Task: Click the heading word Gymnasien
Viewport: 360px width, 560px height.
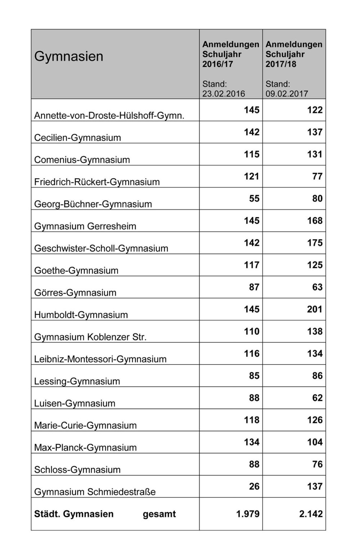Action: coord(69,57)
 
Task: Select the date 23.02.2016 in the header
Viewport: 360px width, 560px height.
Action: coord(223,94)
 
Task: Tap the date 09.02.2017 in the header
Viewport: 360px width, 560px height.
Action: coord(287,94)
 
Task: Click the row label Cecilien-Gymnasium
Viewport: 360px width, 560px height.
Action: coord(77,138)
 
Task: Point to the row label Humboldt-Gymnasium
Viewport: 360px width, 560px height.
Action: coord(81,315)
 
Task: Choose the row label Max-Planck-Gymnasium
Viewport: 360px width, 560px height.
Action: coord(85,448)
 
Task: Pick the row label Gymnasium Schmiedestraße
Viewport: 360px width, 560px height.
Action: coord(95,492)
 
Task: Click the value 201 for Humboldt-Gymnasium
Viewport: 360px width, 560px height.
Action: coord(315,309)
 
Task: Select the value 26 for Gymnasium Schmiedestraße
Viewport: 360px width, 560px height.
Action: coord(254,487)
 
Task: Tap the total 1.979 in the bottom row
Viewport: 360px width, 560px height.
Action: coord(248,514)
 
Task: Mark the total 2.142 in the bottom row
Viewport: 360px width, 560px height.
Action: coord(311,514)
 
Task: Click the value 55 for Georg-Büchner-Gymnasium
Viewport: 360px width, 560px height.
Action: coord(254,199)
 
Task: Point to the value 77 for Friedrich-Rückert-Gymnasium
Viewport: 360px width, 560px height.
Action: coord(317,176)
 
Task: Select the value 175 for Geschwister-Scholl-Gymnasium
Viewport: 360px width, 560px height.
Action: coord(315,243)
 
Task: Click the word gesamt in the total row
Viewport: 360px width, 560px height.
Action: coord(159,514)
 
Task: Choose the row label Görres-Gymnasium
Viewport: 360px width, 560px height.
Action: coord(75,293)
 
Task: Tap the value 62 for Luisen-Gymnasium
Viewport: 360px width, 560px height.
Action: coord(317,398)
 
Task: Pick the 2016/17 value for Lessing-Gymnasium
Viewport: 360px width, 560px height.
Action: coord(254,376)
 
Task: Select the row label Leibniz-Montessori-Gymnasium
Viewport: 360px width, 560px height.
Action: coord(100,359)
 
